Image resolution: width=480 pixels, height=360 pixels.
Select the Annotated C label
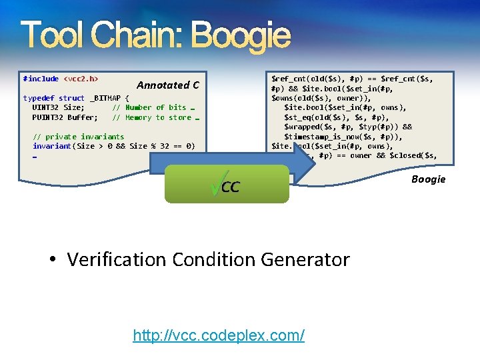167,85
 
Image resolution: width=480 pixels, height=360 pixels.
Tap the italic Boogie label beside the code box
428,179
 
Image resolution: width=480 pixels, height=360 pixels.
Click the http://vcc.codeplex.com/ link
219,335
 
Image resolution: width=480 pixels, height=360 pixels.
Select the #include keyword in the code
41,79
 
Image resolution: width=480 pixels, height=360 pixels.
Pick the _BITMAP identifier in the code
105,98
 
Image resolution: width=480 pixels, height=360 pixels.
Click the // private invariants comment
78,137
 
